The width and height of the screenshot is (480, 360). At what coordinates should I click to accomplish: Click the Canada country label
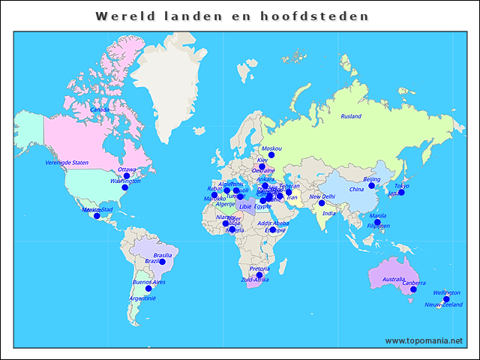point(99,109)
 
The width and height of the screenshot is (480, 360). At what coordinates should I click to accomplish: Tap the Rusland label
point(351,116)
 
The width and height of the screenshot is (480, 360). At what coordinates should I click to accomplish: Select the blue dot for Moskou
point(271,154)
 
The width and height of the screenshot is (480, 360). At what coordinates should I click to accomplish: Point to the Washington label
point(125,181)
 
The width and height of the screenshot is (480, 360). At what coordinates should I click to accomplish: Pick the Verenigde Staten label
point(67,162)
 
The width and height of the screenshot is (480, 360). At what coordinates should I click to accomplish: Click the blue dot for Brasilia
point(162,262)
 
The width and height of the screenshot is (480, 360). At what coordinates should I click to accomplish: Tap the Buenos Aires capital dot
point(148,288)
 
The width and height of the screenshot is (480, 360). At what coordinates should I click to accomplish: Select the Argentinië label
point(142,298)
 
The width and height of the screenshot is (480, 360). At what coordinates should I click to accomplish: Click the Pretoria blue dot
point(259,275)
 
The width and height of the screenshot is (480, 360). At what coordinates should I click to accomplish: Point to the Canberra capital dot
point(413,289)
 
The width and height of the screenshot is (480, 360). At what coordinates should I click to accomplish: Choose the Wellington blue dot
point(446,298)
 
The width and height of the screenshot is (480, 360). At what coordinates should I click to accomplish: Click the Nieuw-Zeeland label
point(443,305)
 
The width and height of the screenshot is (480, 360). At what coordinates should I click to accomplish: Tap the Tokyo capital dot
point(401,192)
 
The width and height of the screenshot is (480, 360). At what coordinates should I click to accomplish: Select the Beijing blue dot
point(371,185)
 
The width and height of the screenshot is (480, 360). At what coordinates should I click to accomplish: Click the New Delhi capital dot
point(322,202)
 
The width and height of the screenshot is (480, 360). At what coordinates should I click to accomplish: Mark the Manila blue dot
point(377,221)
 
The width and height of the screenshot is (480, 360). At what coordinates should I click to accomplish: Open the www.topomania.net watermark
point(424,340)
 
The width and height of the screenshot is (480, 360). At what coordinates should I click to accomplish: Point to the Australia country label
point(393,280)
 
